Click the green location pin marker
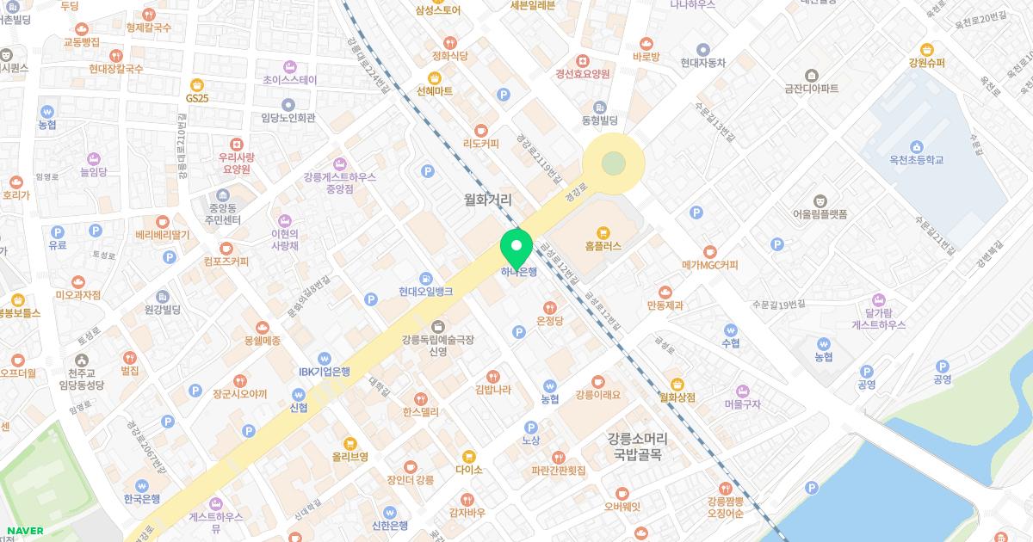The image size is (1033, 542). [x=516, y=248]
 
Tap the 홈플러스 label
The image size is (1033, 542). [x=603, y=245]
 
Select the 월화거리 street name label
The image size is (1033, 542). [x=487, y=200]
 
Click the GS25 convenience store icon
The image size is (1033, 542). [x=197, y=83]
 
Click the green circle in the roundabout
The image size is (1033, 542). [x=613, y=163]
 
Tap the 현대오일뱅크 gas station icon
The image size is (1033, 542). [x=425, y=278]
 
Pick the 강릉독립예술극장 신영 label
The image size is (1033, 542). [x=437, y=346]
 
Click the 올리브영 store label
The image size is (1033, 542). [x=350, y=457]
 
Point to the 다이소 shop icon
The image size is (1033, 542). [x=468, y=455]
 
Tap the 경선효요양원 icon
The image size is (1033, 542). [x=583, y=60]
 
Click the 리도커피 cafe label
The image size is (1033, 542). [x=480, y=144]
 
